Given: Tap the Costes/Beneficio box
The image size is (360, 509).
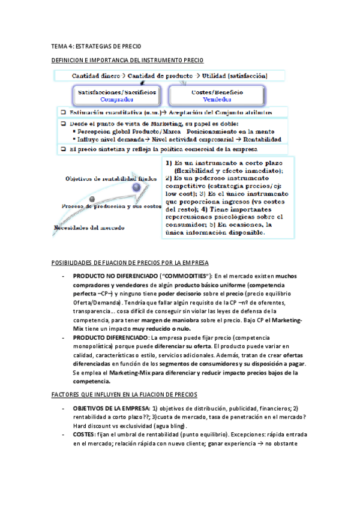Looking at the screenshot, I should (x=217, y=95).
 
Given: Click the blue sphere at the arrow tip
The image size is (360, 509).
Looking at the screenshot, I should (x=137, y=187).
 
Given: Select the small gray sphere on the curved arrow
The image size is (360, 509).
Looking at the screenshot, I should (x=92, y=199).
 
